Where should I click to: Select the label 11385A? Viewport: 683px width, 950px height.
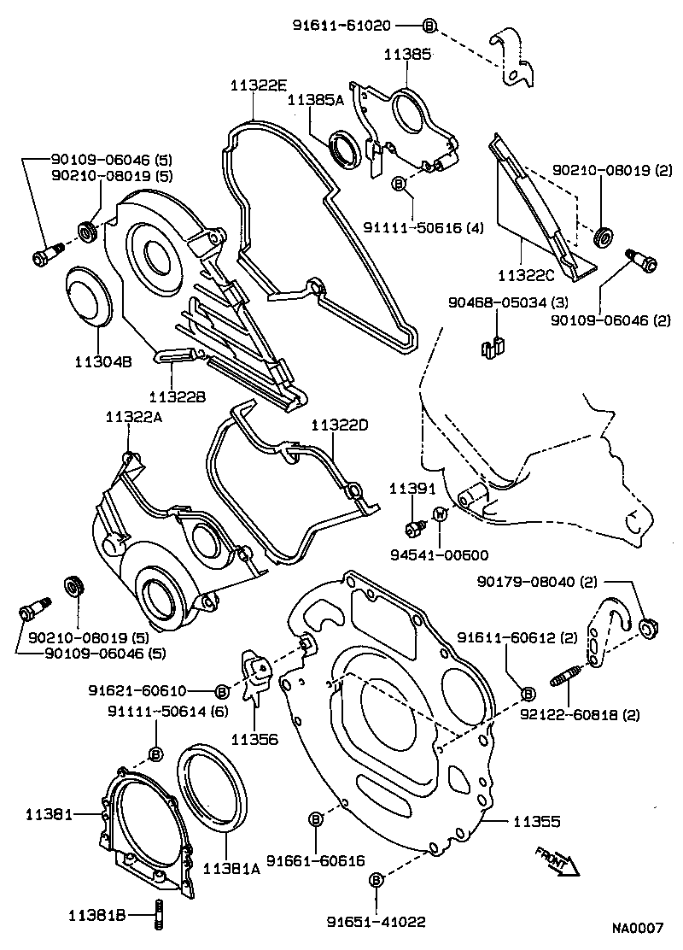pyautogui.click(x=315, y=100)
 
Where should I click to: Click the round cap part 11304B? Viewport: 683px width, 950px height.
pyautogui.click(x=88, y=296)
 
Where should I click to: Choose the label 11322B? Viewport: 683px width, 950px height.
pyautogui.click(x=177, y=396)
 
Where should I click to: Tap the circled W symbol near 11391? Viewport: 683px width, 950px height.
pyautogui.click(x=440, y=514)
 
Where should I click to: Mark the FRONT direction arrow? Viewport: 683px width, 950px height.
pyautogui.click(x=557, y=861)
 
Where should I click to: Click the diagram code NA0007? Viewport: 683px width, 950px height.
pyautogui.click(x=636, y=928)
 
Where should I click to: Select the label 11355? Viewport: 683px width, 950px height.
pyautogui.click(x=536, y=822)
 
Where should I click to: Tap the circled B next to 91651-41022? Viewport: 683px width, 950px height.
pyautogui.click(x=376, y=879)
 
